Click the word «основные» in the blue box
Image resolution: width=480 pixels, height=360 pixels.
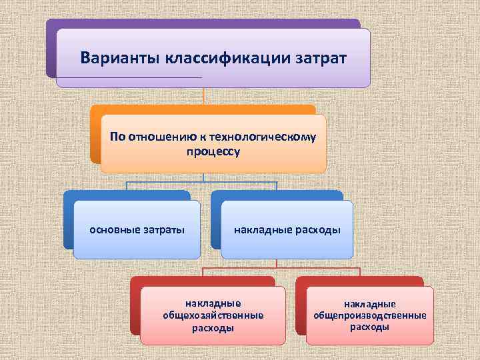tap(114, 230)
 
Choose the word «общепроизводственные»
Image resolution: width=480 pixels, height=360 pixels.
tap(370, 315)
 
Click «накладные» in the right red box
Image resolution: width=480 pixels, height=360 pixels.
tap(370, 304)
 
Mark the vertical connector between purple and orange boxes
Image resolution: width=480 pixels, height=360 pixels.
tap(203, 97)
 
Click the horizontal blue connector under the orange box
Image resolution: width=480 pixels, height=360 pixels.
tap(203, 181)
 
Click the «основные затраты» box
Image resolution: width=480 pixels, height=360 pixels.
tap(137, 230)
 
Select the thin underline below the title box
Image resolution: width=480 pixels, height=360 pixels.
tap(127, 77)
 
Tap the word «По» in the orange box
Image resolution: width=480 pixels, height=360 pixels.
tap(117, 137)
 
